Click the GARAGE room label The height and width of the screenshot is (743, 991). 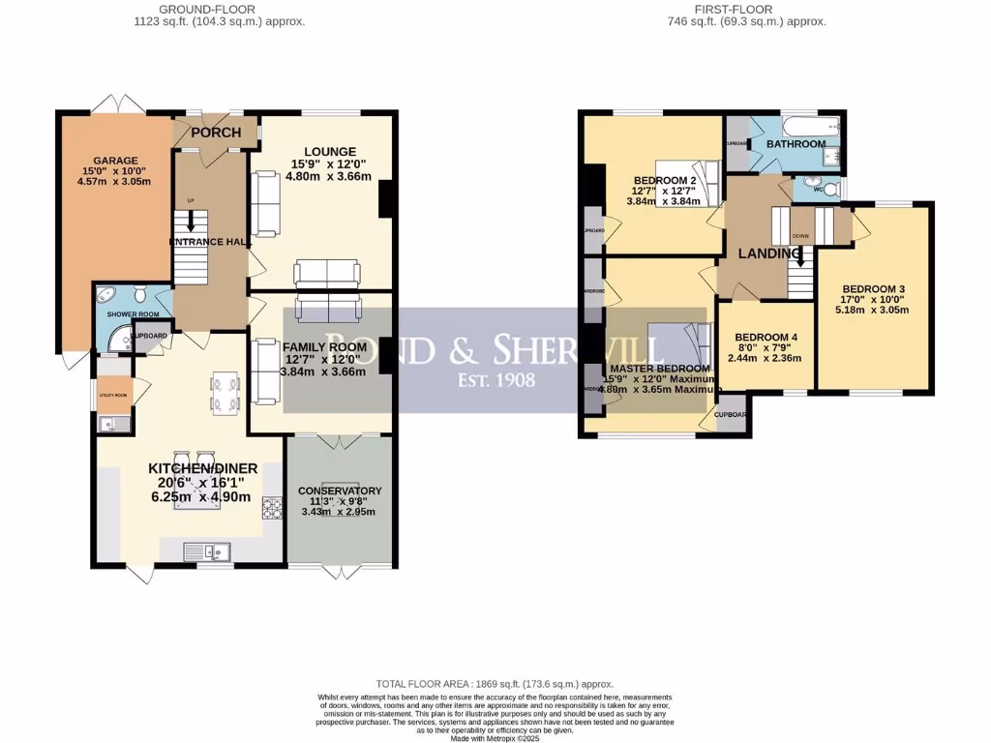click(115, 161)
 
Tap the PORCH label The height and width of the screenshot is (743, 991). click(215, 133)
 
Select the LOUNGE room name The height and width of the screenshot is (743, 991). click(330, 152)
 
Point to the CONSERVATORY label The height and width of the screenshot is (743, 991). click(341, 490)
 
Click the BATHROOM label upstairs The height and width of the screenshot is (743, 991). click(796, 144)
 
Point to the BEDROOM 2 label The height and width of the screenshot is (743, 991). click(665, 181)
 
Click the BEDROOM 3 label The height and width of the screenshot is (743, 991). click(873, 289)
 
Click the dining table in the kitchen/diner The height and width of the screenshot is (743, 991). click(225, 392)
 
